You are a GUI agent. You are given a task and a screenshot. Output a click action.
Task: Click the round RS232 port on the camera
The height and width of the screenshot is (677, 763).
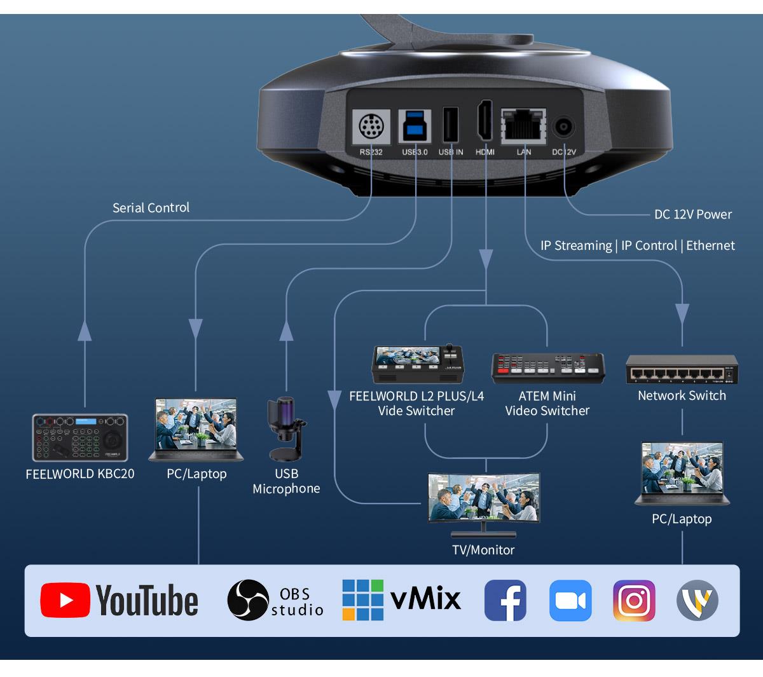point(371,127)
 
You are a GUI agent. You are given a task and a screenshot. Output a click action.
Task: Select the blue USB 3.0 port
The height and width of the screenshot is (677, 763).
point(415,125)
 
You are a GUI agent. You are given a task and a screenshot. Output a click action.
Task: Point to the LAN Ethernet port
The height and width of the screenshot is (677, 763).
point(523,125)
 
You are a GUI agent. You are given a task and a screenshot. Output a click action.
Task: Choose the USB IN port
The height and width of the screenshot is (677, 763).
point(450,125)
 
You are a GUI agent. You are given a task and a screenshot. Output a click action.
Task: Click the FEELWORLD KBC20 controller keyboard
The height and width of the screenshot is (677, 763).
point(80,437)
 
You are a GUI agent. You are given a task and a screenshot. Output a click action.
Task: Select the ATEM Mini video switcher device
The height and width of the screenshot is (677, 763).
point(547,368)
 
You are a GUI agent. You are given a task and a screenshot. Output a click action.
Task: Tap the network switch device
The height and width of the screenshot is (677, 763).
point(682,369)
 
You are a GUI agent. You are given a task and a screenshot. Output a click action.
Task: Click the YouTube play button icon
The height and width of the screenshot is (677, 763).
point(65,600)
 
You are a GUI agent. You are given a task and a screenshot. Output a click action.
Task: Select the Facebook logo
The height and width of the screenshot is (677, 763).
point(505,600)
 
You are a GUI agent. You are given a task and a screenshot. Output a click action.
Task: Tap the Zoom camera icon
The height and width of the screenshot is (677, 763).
point(570,600)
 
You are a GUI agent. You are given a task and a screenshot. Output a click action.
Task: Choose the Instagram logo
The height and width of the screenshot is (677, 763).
point(634,600)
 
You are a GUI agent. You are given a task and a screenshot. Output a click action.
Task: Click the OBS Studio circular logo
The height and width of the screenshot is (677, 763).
point(247,600)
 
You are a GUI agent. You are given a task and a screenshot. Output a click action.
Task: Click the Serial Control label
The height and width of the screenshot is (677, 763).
point(151,208)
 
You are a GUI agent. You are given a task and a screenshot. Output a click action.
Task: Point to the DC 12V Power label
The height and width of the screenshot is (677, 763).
point(692,214)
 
